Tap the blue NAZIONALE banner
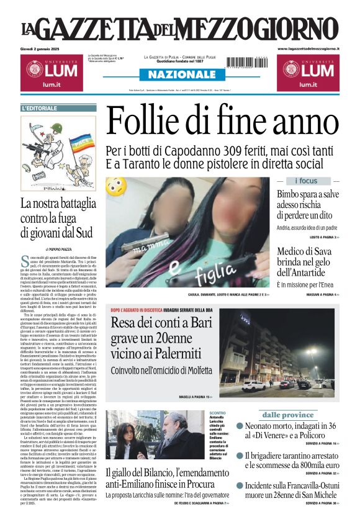tap(179, 74)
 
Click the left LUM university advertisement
tap(52, 73)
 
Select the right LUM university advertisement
tap(308, 73)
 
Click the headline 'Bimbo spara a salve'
tap(308, 194)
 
